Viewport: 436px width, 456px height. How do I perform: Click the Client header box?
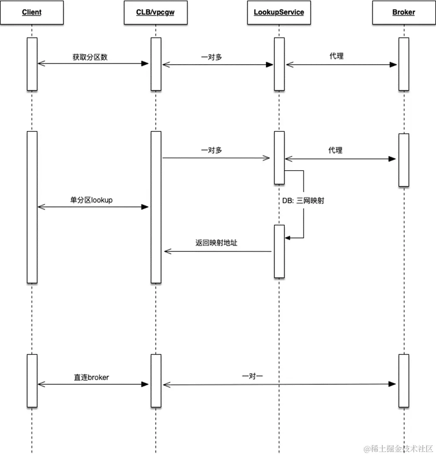point(32,12)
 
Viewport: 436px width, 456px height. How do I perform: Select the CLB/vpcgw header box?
point(156,12)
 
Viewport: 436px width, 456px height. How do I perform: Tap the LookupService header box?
point(279,12)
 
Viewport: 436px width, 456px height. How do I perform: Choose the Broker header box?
point(403,12)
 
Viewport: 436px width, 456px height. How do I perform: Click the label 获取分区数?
point(90,57)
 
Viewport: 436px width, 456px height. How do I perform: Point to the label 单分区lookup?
point(91,200)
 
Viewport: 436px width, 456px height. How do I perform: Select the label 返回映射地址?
point(216,243)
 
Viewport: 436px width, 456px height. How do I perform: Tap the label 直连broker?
point(91,377)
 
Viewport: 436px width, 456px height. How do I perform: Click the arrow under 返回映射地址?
point(218,251)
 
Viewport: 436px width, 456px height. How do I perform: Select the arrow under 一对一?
point(279,384)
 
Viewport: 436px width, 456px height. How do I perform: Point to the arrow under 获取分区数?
point(93,64)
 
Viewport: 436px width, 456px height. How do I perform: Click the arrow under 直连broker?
point(93,384)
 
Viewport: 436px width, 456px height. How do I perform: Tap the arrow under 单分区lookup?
point(93,207)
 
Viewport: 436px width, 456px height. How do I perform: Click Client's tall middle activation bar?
point(32,207)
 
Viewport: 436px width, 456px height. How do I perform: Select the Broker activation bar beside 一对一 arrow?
point(403,381)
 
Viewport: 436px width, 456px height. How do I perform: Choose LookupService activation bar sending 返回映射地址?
point(279,251)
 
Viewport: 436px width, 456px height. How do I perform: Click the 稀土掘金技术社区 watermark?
point(395,449)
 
